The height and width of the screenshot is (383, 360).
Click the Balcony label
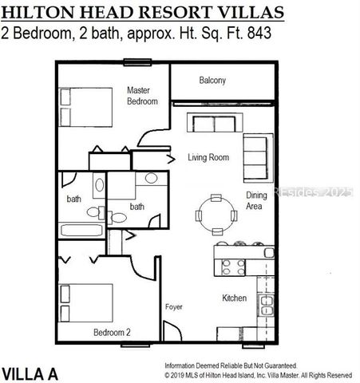point(212,80)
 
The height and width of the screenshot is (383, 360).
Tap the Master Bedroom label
point(142,96)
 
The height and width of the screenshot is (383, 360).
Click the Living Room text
point(208,158)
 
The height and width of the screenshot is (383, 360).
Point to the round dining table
point(216,214)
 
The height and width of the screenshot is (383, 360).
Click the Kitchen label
point(234,299)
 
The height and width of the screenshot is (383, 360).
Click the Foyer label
point(174,306)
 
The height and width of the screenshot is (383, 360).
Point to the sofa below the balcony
point(212,124)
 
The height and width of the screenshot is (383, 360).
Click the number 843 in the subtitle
point(256,34)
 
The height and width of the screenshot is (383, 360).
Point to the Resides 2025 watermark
point(315,192)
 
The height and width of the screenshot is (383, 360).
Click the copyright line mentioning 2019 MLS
point(257,373)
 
